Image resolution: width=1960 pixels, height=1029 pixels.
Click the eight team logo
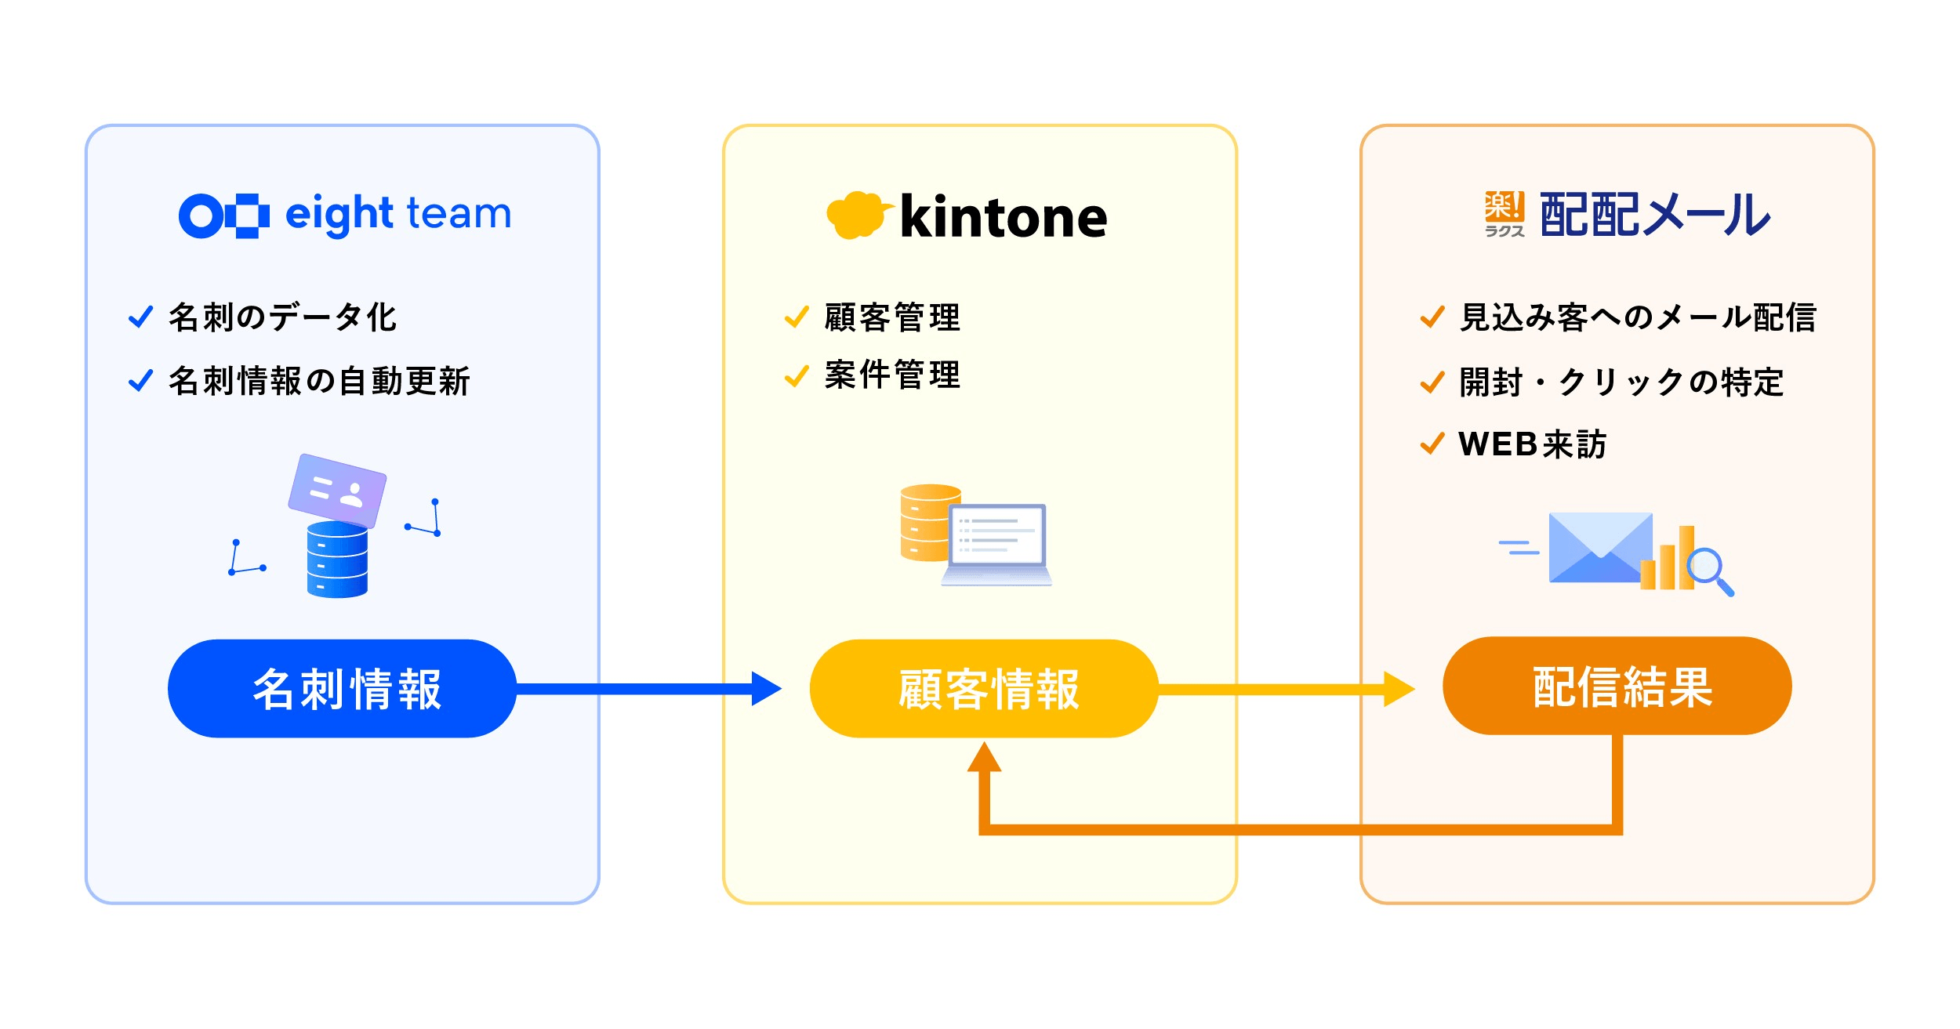coord(345,214)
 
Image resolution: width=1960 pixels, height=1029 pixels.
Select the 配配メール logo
coord(1628,214)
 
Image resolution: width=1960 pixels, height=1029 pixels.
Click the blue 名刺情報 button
coord(342,689)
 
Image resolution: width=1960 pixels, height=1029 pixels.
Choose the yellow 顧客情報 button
coord(984,689)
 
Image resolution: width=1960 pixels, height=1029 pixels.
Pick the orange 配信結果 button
coord(1617,687)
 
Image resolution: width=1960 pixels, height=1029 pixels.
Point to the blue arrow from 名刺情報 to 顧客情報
coord(643,689)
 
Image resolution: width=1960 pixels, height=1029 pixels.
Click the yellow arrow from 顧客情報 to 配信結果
coord(1286,689)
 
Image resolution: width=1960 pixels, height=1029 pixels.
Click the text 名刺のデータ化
coord(282,317)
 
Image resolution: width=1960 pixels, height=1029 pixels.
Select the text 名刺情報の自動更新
coord(319,381)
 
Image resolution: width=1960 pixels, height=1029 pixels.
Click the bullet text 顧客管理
coord(892,317)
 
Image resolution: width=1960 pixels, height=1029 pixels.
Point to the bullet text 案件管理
coord(892,375)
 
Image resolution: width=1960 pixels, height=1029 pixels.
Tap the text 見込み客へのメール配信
coord(1638,317)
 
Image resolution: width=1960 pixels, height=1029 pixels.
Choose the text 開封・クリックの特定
coord(1621,382)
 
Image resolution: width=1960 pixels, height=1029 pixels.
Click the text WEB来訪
coord(1532,444)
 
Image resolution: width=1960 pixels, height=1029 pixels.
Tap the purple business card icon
coord(337,490)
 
